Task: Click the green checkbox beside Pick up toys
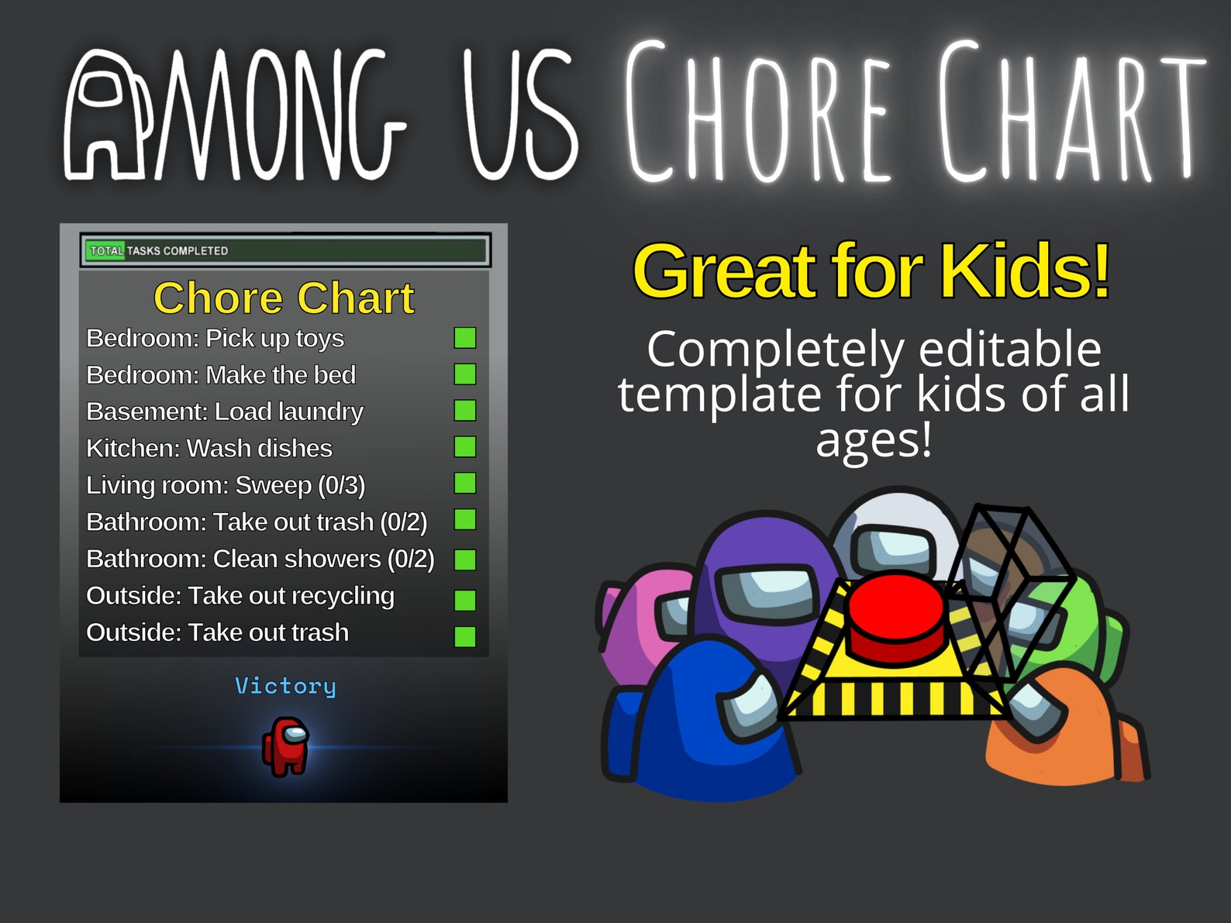point(465,338)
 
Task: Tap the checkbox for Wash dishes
point(465,447)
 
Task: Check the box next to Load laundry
point(465,411)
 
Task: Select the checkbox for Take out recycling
point(465,600)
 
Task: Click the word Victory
point(285,686)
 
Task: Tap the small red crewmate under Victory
point(286,746)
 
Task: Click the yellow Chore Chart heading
point(284,298)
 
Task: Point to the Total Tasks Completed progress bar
point(284,250)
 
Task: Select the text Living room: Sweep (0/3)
point(226,485)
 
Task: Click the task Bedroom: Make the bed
point(221,375)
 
